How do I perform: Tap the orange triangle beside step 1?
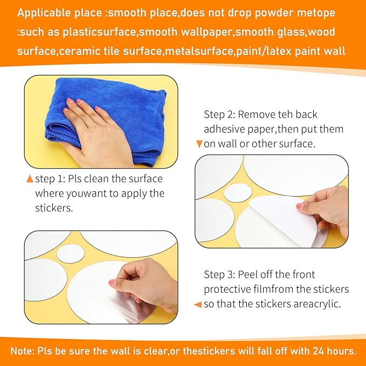(x=30, y=179)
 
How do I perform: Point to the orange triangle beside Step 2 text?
(x=199, y=144)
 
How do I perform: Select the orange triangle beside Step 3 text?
(x=198, y=305)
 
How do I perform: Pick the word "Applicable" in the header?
(x=44, y=13)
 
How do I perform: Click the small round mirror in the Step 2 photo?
(x=238, y=193)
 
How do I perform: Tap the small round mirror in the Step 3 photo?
(x=70, y=254)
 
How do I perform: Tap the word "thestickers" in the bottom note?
(x=209, y=351)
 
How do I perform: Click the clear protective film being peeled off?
(x=130, y=303)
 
